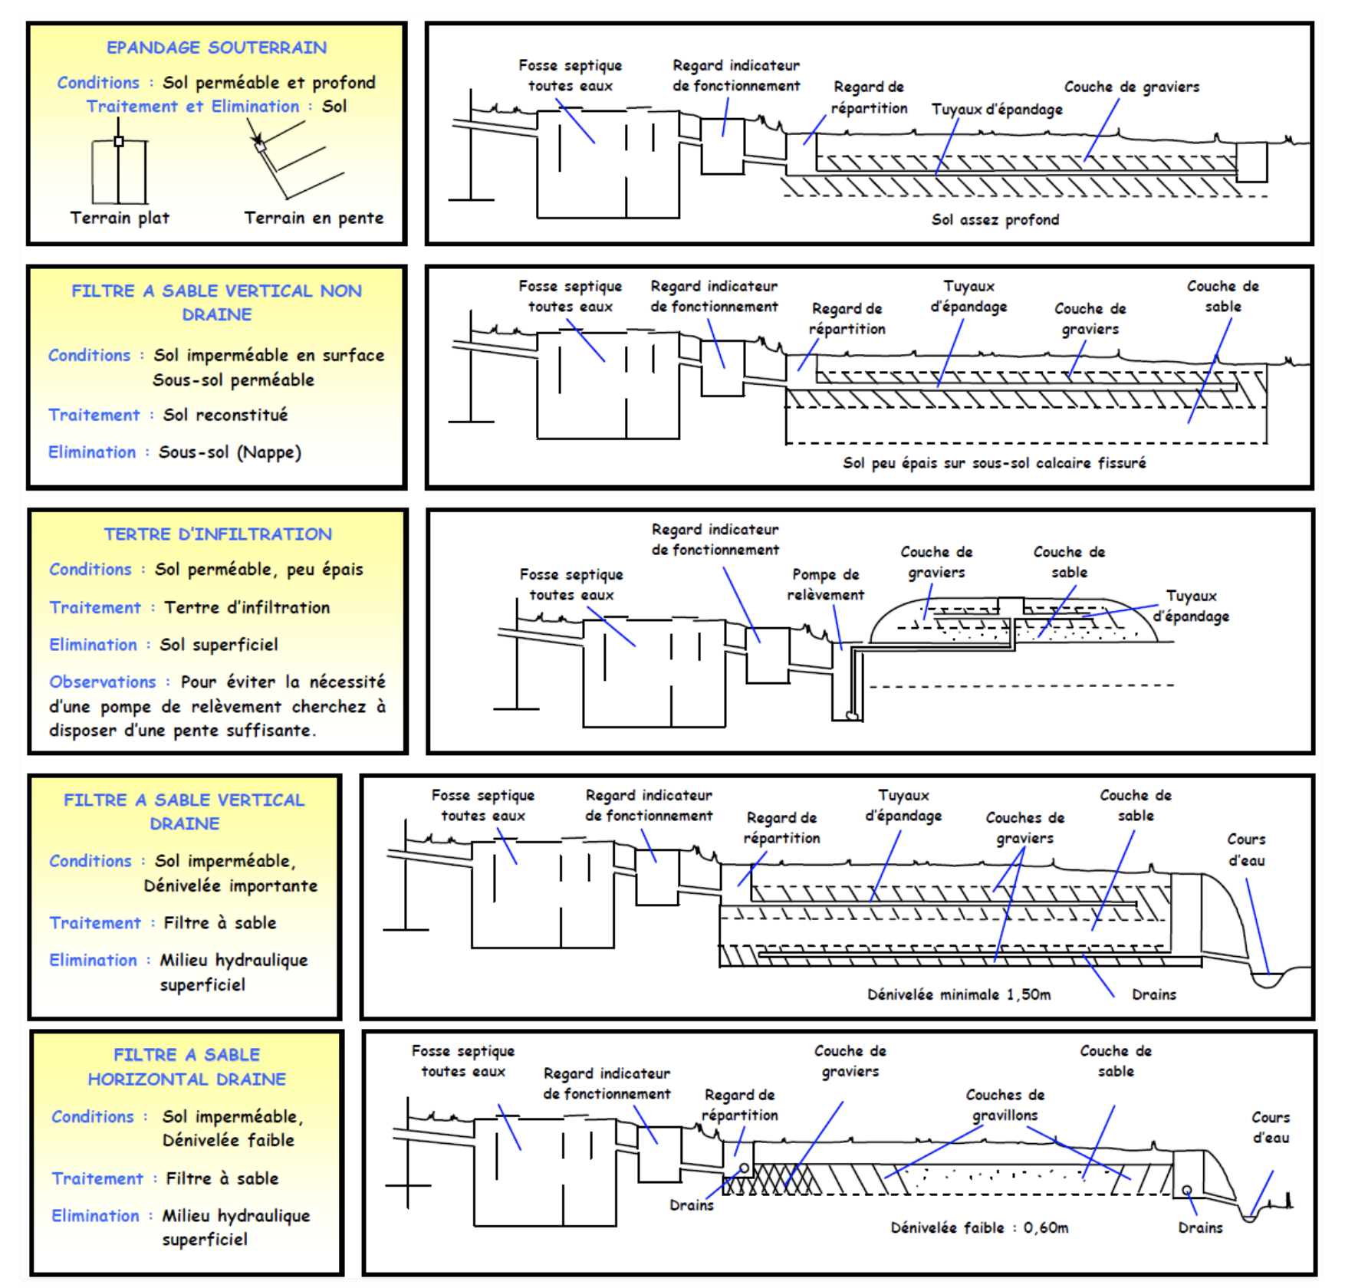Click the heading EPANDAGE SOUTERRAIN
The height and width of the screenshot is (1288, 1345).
coord(216,48)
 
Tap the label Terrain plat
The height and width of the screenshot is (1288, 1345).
coord(120,218)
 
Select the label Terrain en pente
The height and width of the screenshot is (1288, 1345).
coord(314,218)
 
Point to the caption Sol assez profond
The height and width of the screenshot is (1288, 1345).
coord(995,220)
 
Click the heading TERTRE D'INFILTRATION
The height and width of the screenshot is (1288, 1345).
coord(218,534)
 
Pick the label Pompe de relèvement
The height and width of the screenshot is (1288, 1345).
coord(826,584)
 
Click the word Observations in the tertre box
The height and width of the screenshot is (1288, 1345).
coord(103,682)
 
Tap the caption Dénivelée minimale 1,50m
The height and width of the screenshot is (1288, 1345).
coord(959,994)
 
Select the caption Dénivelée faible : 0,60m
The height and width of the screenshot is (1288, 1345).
coord(979,1227)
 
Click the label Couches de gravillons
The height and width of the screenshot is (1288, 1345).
coord(1005,1105)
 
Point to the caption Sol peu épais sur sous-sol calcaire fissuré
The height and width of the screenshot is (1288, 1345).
coord(995,463)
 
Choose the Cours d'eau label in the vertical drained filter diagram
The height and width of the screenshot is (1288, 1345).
coord(1246,849)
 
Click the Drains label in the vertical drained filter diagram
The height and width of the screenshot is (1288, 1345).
coord(1154,994)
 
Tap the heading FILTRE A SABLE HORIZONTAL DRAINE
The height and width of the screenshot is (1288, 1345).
coord(186,1066)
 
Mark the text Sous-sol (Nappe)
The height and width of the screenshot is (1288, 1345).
coord(230,452)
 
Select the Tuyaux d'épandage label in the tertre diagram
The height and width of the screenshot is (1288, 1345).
coord(1191,606)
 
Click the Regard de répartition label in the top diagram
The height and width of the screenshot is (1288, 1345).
coord(869,97)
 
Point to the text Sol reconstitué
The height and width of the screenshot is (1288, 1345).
coord(225,415)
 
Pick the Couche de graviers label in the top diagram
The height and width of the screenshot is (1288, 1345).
coord(1132,87)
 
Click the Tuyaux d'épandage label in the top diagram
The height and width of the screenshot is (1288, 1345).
coord(997,109)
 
